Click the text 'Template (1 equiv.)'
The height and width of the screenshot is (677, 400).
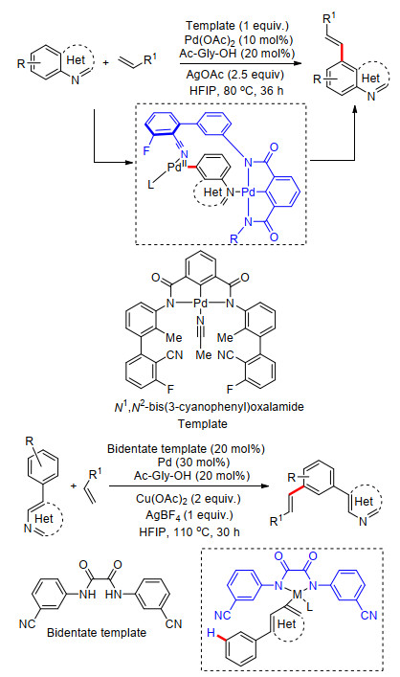click(236, 26)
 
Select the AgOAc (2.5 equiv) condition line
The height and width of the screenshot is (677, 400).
click(235, 75)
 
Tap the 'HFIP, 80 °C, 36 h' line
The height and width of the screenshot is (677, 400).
click(236, 91)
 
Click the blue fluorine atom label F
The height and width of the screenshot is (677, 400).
click(146, 150)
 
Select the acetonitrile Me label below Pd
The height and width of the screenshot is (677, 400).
click(204, 355)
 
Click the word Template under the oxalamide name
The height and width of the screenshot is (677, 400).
click(203, 423)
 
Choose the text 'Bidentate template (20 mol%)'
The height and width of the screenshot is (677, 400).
click(186, 449)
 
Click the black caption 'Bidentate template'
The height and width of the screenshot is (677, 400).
click(97, 633)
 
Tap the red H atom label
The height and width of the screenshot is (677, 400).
click(211, 633)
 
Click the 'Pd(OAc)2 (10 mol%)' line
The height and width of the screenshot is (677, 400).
click(237, 39)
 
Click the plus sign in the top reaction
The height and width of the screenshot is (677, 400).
click(105, 63)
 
